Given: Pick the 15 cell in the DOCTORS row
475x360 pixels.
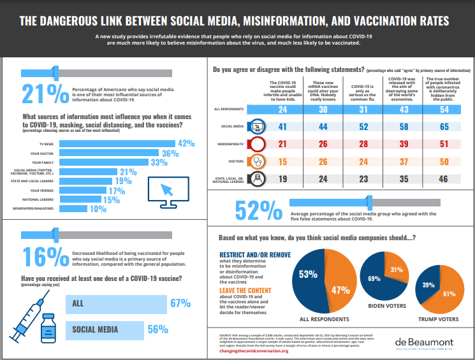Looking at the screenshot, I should (281, 162).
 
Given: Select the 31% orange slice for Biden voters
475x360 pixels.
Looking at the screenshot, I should (395, 270).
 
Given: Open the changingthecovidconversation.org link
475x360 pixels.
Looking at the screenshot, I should (254, 350).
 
